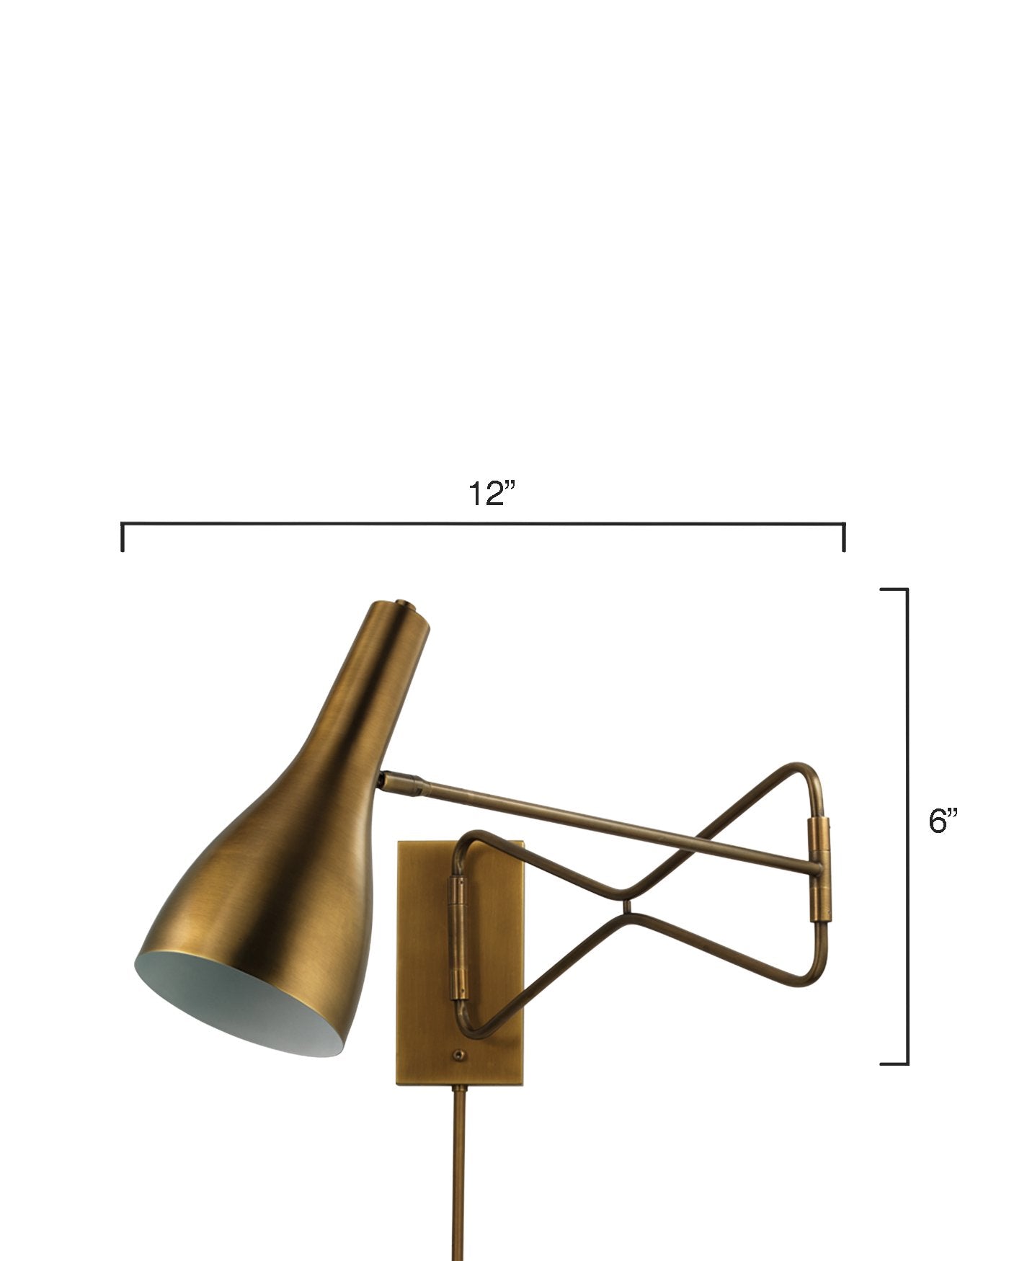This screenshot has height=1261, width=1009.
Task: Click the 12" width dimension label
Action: tap(493, 494)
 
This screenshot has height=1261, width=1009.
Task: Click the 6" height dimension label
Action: tap(944, 822)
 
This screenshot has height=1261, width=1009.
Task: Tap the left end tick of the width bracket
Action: tap(123, 538)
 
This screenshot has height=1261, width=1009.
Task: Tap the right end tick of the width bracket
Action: tap(844, 538)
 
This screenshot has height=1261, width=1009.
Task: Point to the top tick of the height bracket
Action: tap(894, 589)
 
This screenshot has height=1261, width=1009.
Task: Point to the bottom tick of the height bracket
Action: tap(894, 1063)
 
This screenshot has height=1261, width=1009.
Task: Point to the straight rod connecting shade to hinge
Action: tap(613, 825)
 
